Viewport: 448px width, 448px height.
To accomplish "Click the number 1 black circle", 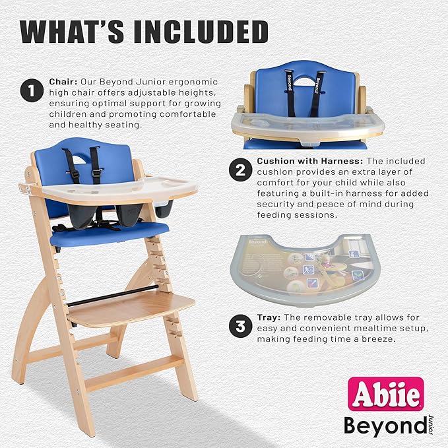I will [32, 92].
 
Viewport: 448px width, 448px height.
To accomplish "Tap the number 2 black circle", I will [240, 171].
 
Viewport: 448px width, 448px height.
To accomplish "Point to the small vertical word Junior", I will [430, 422].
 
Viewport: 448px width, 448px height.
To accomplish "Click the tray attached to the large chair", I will [152, 188].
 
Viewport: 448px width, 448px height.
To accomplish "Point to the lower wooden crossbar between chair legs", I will [132, 373].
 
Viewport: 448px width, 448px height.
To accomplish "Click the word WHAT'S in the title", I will [66, 32].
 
